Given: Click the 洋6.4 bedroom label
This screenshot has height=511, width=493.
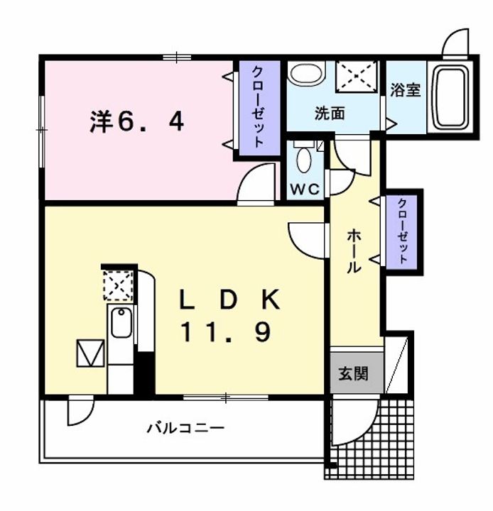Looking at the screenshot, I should click(137, 123).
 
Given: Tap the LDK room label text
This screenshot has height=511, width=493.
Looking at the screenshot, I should click(229, 300).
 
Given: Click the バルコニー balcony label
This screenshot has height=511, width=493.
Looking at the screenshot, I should click(185, 428).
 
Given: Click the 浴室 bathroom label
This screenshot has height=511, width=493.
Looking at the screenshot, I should click(406, 90).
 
